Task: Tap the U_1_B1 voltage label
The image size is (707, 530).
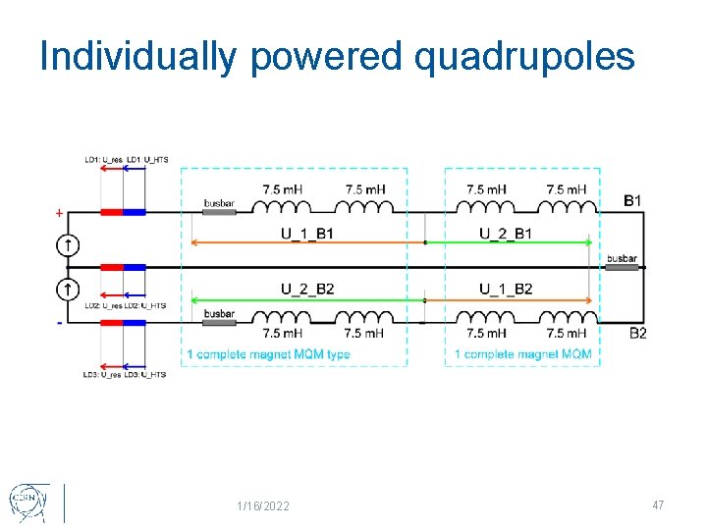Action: [307, 233]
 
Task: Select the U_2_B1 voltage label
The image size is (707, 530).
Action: [506, 233]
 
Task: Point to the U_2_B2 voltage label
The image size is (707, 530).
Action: [307, 288]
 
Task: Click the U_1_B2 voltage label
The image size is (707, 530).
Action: [506, 288]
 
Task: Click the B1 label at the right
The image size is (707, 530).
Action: [634, 201]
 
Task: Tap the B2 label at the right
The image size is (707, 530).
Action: [638, 334]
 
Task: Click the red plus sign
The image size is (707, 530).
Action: [59, 212]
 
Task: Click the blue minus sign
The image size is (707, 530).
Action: [59, 322]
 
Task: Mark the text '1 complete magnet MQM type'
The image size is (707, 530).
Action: [268, 354]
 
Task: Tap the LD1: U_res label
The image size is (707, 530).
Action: [103, 160]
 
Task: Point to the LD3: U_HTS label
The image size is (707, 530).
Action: [145, 374]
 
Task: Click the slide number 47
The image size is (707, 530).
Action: [658, 504]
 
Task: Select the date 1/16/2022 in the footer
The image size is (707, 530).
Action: [263, 505]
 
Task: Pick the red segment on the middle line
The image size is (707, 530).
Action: [111, 267]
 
